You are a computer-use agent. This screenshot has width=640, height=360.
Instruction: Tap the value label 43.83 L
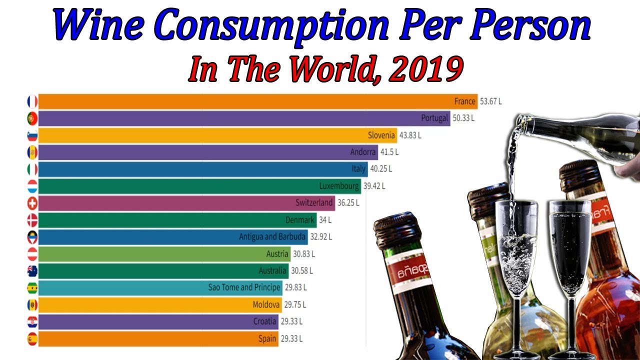[x=410, y=135]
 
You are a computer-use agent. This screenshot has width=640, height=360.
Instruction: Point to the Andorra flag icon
[x=32, y=152]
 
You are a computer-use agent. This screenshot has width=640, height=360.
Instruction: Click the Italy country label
[x=358, y=169]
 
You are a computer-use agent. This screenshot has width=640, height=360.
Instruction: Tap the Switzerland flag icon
[x=32, y=203]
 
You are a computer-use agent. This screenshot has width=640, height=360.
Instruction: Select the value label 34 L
[x=325, y=220]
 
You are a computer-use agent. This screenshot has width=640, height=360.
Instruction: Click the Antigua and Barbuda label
[x=272, y=236]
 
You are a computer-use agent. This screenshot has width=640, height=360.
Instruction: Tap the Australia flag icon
[x=32, y=271]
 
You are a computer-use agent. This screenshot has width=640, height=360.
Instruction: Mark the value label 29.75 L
[x=295, y=304]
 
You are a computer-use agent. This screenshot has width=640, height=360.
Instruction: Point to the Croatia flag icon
[x=32, y=321]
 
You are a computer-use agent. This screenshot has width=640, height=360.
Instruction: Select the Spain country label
[x=267, y=338]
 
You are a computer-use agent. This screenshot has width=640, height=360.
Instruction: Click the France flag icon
[x=32, y=101]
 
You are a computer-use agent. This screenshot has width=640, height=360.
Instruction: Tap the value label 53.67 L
[x=490, y=101]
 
